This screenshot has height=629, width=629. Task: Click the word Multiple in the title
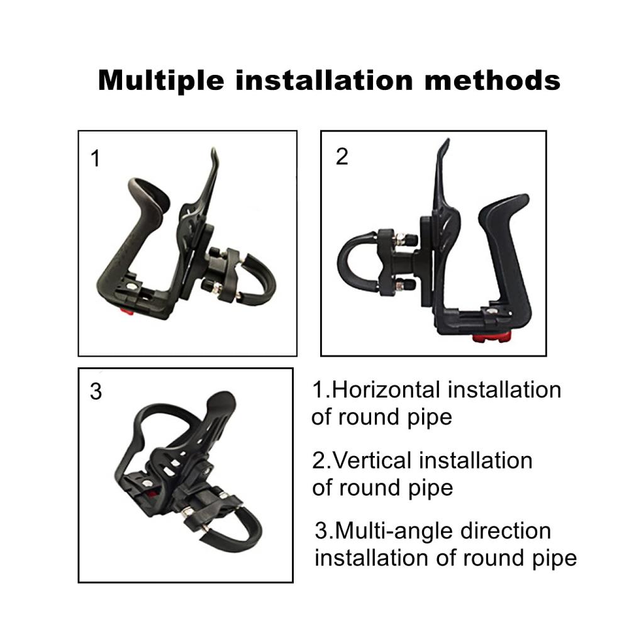coord(161,81)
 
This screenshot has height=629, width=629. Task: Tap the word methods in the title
coord(493,81)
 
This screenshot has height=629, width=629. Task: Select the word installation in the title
coord(324,81)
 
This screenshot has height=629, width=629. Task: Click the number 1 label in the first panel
coord(96,159)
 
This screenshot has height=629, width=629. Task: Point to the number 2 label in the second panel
coord(342,157)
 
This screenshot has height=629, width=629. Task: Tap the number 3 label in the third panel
coord(96,391)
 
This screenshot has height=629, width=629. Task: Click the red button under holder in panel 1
coord(127,311)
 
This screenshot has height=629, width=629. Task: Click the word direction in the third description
coord(506,531)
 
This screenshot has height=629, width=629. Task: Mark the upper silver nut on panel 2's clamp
coord(399,240)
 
